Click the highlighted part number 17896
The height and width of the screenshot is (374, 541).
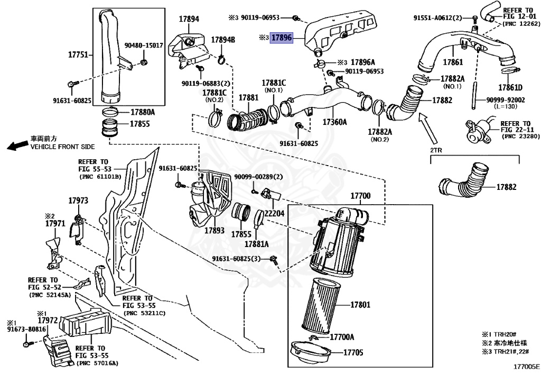coord(282,38)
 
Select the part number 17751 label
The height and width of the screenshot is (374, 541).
coord(78,54)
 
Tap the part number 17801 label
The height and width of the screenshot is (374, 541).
coord(360,305)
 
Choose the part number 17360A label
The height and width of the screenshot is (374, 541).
coord(334,122)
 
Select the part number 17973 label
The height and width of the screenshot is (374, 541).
coord(78,200)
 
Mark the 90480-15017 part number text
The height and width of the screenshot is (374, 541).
coord(144,46)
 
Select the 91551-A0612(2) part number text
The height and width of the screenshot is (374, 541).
coord(440,17)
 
